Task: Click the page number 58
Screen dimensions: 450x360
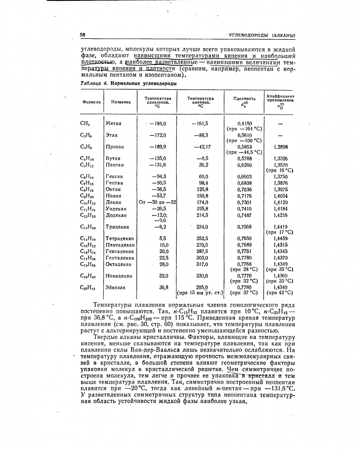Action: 82,35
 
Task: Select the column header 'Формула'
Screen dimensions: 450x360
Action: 90,102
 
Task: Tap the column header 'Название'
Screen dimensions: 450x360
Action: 121,102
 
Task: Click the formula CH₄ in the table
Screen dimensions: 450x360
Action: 85,124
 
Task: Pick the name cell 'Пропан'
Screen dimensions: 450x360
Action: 115,147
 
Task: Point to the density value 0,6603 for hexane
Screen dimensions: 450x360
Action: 244,176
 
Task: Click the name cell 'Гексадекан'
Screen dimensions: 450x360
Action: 120,251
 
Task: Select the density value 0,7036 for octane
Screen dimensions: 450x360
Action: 244,189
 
